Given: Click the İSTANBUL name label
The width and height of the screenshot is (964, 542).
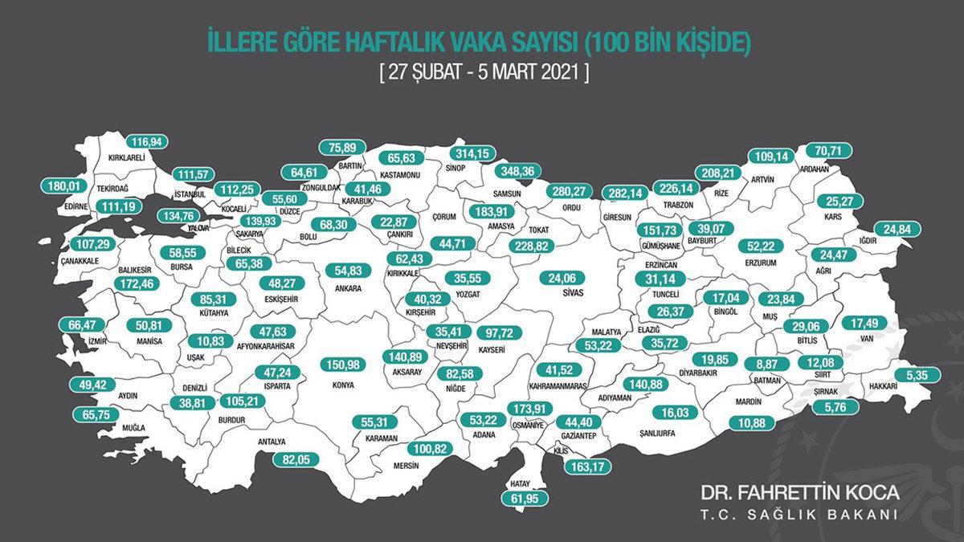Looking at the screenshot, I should pyautogui.click(x=190, y=194).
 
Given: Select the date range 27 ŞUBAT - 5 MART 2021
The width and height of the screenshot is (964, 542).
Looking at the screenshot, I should pyautogui.click(x=485, y=71).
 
